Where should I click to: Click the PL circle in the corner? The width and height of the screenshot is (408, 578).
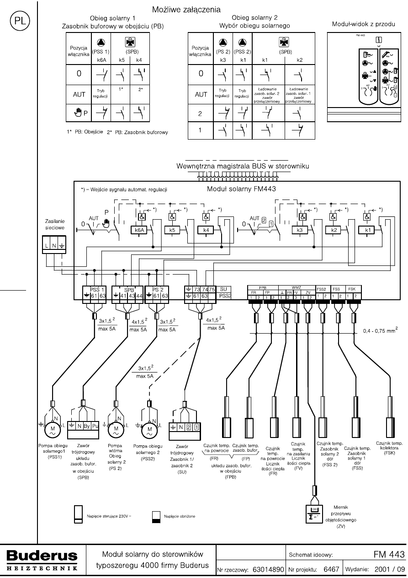coord(18,22)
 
